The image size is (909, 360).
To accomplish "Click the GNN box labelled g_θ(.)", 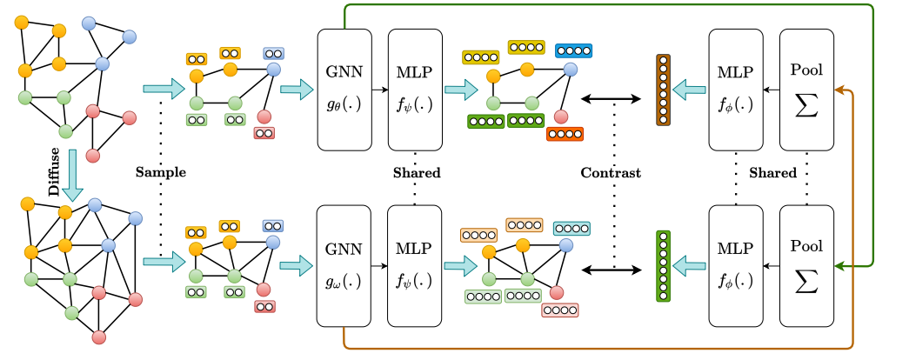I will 344,88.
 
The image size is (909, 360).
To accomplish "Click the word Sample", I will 161,172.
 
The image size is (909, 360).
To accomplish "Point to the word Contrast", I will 612,172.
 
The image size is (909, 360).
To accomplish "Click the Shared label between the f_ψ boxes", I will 416,172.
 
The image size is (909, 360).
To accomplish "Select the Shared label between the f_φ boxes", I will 772,172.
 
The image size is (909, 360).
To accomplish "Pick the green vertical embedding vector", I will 664,265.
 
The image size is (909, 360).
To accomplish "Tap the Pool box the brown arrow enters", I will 806,88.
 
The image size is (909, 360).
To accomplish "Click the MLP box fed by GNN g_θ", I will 416,88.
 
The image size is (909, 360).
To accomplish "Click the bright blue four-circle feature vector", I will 573,50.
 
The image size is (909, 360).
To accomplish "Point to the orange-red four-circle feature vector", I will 565,134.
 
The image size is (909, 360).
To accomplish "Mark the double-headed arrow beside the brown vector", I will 612,98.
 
